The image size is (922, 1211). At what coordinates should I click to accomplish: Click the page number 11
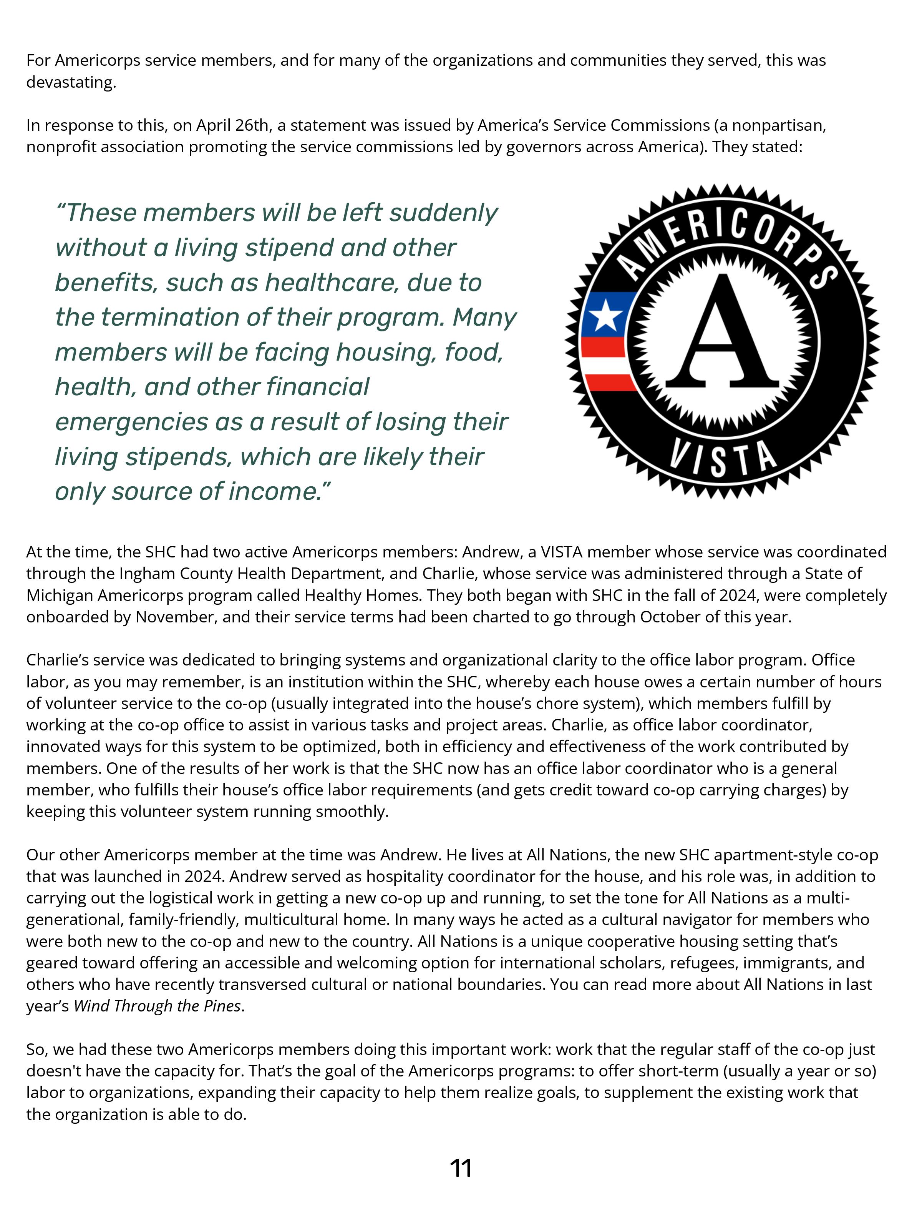461,1168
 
